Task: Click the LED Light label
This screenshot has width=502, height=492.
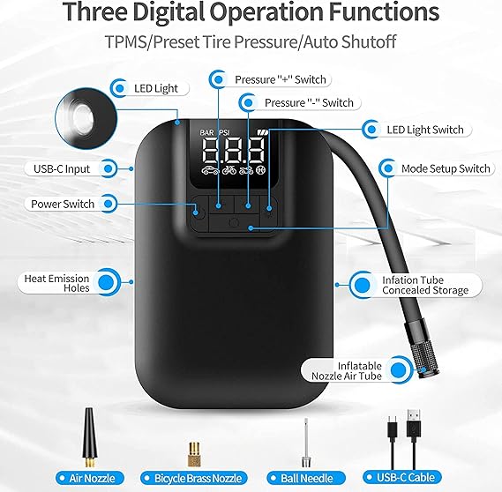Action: tap(155, 88)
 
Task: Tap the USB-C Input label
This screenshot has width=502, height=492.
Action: tap(62, 169)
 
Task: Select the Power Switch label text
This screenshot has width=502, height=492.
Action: tap(63, 204)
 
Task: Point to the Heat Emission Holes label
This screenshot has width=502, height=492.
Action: tap(56, 283)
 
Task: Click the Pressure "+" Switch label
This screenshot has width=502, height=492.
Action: tap(281, 79)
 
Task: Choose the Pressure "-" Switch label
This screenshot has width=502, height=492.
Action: tap(309, 102)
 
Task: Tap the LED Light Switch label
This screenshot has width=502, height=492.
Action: tap(425, 130)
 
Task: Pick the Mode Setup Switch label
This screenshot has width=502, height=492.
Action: tap(446, 168)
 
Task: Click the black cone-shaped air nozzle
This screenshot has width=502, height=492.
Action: tap(89, 437)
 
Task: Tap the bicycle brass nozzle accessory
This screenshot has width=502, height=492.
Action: tap(194, 454)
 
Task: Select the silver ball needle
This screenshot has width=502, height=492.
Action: tap(306, 443)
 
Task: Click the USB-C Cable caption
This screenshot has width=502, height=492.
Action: tap(406, 478)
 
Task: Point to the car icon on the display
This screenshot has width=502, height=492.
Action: tap(210, 171)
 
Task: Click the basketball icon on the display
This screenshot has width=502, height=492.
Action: tap(260, 170)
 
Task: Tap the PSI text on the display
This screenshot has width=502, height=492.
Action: tap(223, 132)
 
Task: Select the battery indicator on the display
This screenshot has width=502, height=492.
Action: tap(263, 131)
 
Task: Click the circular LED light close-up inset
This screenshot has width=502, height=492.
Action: tap(86, 119)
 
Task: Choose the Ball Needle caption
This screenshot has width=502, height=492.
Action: tap(307, 478)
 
